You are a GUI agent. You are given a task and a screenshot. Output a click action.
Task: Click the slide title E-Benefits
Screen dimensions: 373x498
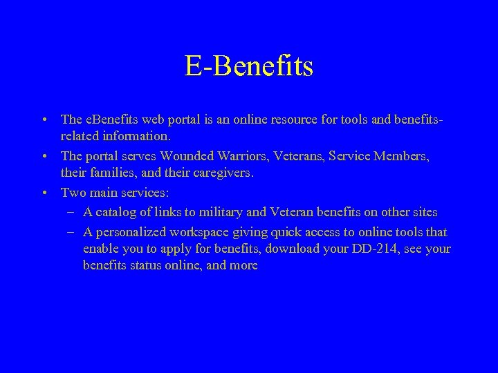point(249,66)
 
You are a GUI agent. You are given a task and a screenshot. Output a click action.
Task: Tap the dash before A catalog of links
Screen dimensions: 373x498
point(73,211)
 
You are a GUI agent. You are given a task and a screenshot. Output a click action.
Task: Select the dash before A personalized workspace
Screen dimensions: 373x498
point(73,232)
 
